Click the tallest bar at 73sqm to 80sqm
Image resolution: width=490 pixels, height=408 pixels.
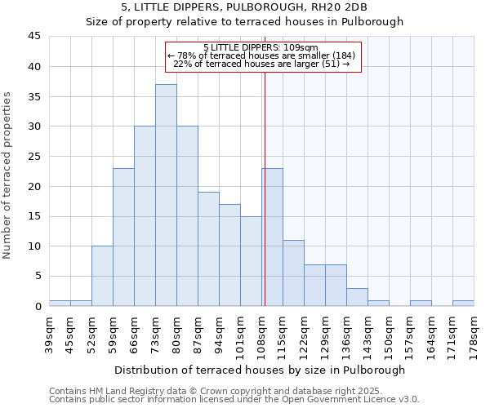pyautogui.click(x=166, y=195)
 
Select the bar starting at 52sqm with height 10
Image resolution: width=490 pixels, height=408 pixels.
pyautogui.click(x=102, y=276)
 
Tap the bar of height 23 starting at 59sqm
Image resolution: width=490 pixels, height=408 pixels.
pyautogui.click(x=123, y=237)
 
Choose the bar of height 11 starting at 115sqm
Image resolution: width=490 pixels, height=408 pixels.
pyautogui.click(x=293, y=273)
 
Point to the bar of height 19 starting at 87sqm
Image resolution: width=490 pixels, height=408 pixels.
pyautogui.click(x=208, y=249)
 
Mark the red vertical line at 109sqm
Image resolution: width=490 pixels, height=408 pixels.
pyautogui.click(x=265, y=204)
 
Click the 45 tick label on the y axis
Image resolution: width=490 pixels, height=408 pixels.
pyautogui.click(x=33, y=37)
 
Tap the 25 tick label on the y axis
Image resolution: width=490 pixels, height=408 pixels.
pyautogui.click(x=33, y=157)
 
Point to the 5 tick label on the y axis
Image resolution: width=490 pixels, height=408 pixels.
pyautogui.click(x=37, y=277)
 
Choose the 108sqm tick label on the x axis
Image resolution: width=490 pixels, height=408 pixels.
pyautogui.click(x=261, y=335)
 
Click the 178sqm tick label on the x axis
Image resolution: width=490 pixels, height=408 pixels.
pyautogui.click(x=474, y=335)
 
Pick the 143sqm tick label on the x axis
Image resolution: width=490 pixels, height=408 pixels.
pyautogui.click(x=367, y=335)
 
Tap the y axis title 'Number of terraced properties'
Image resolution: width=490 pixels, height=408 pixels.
pyautogui.click(x=8, y=175)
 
